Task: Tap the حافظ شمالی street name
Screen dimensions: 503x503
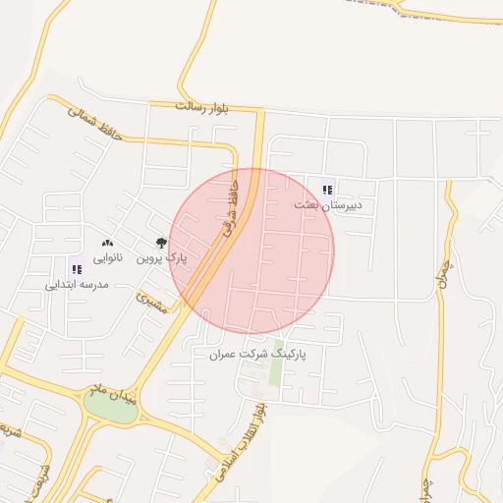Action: click(95, 123)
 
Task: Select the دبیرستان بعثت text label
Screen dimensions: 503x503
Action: click(328, 205)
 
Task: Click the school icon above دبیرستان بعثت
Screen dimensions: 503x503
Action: click(327, 190)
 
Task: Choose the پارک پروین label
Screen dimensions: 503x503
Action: click(160, 257)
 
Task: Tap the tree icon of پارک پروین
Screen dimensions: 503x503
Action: click(161, 242)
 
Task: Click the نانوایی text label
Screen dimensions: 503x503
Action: click(108, 257)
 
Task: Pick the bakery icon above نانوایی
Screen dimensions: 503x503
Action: click(108, 243)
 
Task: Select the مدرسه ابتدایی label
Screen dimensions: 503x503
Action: click(76, 284)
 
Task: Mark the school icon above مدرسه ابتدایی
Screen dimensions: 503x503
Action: click(76, 268)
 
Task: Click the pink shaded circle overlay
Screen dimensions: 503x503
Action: click(252, 251)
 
